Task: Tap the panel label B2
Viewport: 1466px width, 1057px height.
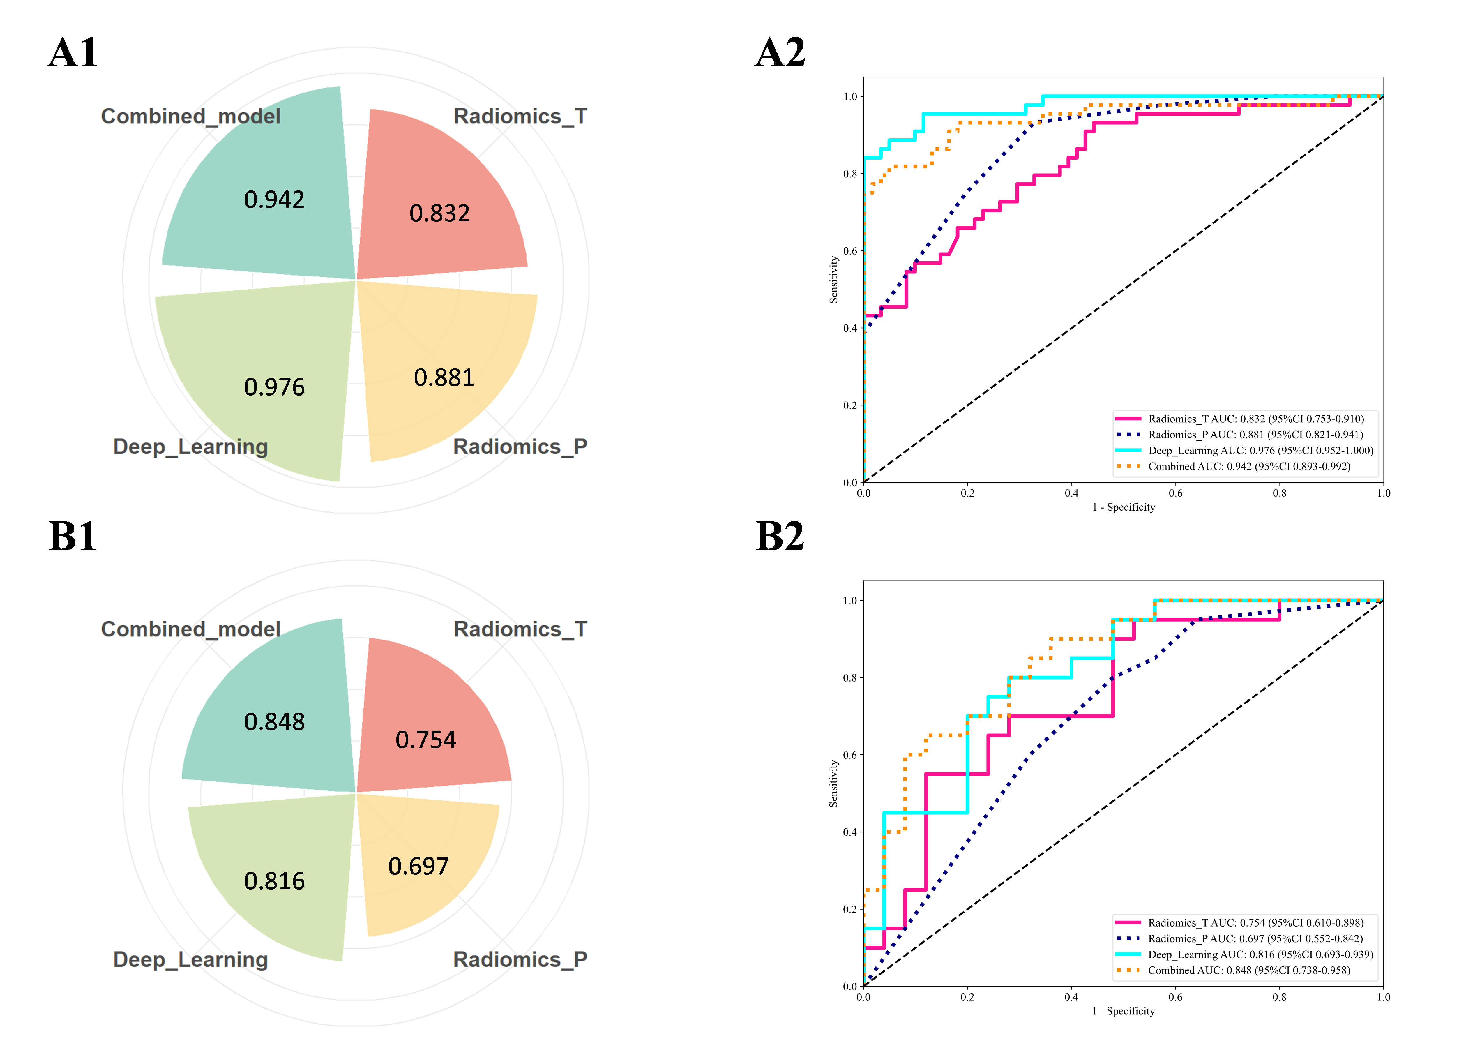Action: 780,537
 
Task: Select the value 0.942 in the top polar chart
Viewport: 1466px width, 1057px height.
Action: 274,200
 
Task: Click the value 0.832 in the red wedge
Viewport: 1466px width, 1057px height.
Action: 439,213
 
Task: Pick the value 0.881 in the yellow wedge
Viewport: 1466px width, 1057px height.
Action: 444,377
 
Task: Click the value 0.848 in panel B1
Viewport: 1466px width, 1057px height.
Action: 274,722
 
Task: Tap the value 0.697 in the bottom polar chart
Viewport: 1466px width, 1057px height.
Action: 418,866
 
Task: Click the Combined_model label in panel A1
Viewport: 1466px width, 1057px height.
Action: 191,117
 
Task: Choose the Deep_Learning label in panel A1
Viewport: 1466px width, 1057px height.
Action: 191,447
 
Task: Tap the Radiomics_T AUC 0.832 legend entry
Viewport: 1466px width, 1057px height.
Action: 1255,419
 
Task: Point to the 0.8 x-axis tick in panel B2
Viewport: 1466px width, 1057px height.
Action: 1279,997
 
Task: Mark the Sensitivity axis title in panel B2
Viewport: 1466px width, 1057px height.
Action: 834,784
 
